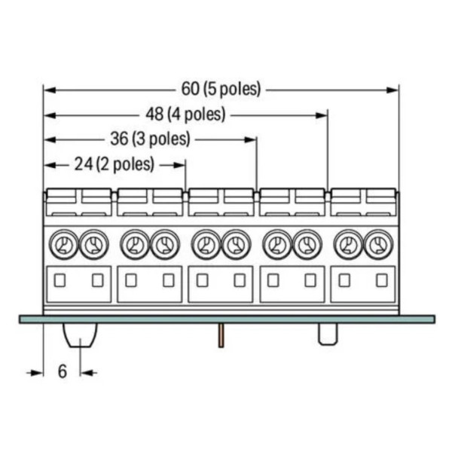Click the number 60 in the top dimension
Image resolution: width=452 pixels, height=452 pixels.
pos(190,88)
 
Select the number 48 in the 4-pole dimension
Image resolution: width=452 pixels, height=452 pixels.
pos(154,115)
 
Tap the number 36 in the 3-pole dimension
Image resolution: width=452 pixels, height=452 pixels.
pos(119,139)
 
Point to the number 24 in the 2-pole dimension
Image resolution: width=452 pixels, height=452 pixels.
pos(84,164)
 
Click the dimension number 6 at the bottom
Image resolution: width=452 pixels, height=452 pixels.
pos(63,371)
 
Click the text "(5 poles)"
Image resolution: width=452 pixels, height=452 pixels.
pos(232,89)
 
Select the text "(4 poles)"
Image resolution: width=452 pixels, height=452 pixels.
pos(197,115)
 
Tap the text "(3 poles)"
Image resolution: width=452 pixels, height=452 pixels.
pos(161,139)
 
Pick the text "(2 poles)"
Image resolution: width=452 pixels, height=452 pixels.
pos(125,164)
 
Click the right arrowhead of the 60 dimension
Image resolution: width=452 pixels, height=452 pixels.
pos(393,90)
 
